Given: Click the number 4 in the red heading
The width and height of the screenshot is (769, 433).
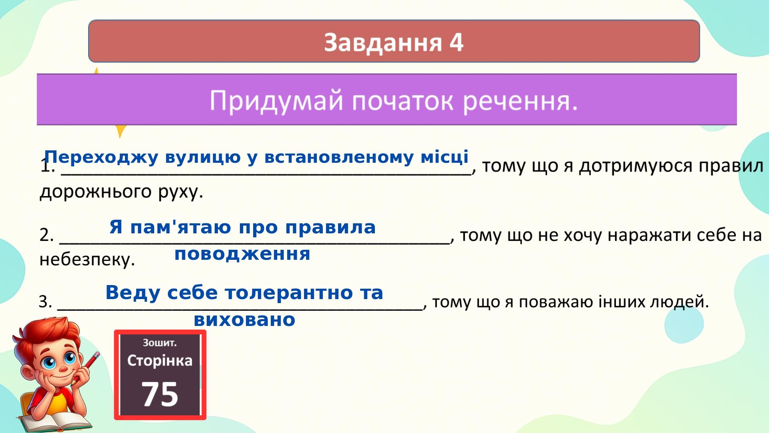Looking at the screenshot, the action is (456, 42).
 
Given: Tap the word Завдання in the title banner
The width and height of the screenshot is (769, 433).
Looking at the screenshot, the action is (382, 42).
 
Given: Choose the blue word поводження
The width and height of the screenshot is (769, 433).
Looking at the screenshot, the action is (242, 254).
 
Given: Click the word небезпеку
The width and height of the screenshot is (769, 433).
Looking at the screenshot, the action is (87, 260).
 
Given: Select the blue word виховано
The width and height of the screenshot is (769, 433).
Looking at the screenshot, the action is (244, 320).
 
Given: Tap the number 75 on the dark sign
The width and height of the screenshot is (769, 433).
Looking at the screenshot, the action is (160, 394).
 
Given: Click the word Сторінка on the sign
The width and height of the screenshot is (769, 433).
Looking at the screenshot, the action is (160, 360).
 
